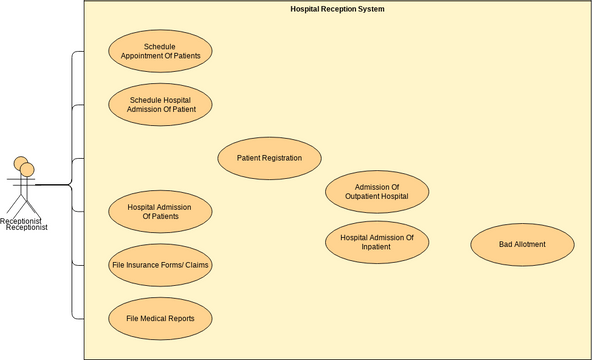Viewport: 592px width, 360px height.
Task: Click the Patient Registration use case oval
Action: coord(269,158)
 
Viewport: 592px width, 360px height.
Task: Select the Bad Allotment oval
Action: coord(522,244)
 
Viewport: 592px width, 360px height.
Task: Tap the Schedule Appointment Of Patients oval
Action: coord(160,52)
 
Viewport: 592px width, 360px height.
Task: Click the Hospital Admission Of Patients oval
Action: coord(160,211)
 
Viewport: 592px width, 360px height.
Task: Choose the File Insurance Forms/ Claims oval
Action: coord(160,265)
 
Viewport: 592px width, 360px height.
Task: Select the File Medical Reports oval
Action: coord(160,319)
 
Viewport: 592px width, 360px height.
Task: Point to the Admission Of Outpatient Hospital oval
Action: coord(377,192)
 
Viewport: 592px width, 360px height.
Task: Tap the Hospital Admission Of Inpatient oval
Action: coord(377,243)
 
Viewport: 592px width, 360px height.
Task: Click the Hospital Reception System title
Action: coord(337,9)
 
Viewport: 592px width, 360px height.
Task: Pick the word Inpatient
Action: coord(377,248)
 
